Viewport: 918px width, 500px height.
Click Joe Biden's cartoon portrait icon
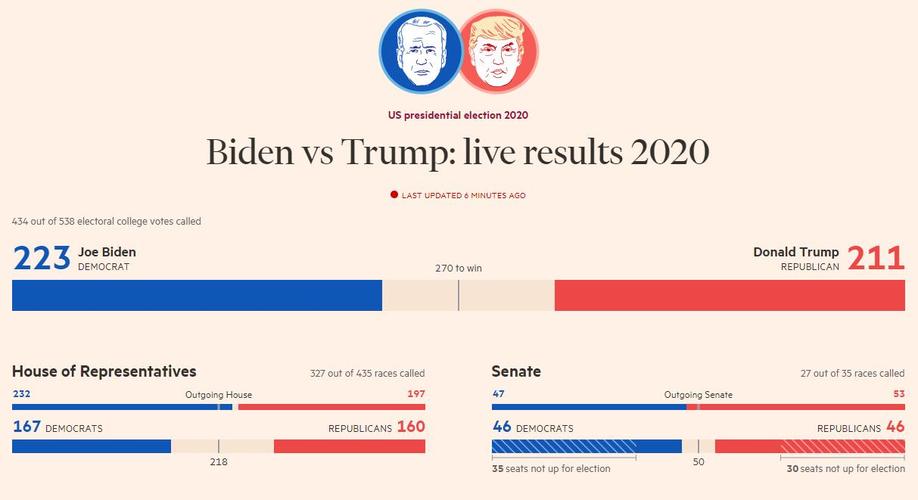pos(419,49)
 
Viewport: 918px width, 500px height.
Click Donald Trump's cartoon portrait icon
pos(498,49)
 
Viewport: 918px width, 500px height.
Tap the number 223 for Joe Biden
pos(41,258)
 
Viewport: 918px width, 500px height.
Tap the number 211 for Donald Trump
pos(876,258)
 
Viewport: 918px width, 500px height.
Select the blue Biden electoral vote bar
pos(197,295)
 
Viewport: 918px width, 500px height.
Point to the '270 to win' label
pos(458,268)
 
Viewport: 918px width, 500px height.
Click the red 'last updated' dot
pos(394,195)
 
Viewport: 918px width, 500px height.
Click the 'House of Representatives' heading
pos(104,372)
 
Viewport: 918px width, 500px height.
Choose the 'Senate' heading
pos(516,372)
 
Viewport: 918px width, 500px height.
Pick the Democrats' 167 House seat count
pos(27,427)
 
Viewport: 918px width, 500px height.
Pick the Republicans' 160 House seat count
pos(411,427)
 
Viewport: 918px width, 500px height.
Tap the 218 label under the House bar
pos(218,462)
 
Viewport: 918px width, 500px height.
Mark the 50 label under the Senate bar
pos(698,462)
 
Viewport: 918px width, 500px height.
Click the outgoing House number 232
pos(21,394)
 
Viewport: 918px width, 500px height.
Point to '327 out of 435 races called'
pos(367,374)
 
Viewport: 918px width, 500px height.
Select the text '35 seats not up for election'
pos(552,468)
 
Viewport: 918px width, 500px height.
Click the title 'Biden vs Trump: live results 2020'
pos(458,152)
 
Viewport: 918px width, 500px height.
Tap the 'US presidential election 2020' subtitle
pos(458,115)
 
